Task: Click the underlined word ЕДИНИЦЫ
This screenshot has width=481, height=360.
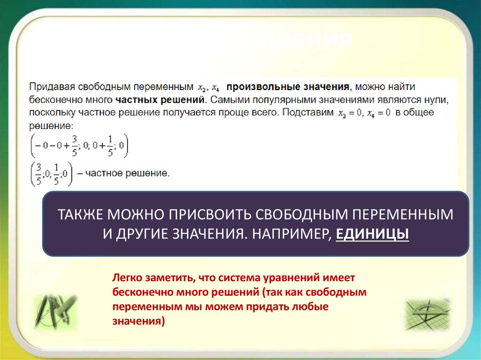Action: point(372,234)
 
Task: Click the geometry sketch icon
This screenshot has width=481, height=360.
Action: point(427,314)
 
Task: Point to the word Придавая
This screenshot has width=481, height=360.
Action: point(48,87)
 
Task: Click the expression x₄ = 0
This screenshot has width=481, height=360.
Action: point(378,113)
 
